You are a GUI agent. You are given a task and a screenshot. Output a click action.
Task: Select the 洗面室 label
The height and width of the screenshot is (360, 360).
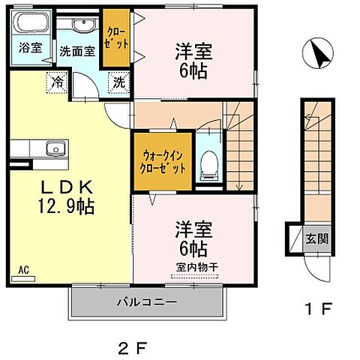tap(77, 53)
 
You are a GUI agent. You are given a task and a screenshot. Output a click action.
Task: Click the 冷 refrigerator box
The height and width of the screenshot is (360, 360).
tap(58, 82)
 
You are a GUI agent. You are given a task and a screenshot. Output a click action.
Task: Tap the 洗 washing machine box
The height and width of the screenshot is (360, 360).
tap(118, 82)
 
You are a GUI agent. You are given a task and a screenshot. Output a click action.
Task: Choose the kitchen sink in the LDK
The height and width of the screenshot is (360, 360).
tap(54, 148)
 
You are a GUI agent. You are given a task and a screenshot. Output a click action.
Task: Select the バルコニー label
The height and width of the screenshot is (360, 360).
tap(146, 304)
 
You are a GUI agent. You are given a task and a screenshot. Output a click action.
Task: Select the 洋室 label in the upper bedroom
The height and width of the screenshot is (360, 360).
tap(193, 52)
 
